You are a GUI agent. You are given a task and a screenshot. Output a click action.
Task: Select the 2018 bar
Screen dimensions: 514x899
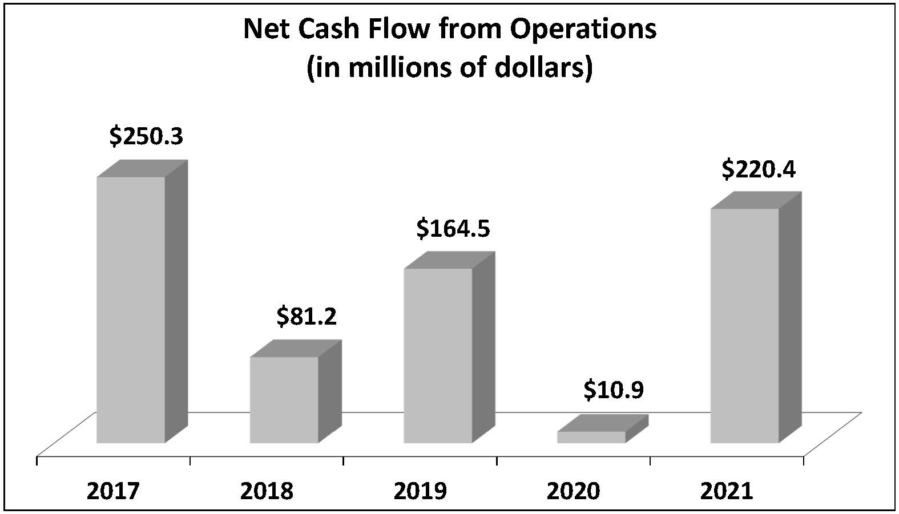point(284,399)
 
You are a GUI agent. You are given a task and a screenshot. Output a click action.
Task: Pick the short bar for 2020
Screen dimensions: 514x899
point(591,437)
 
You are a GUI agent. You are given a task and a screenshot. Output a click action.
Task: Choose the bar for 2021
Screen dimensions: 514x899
point(744,325)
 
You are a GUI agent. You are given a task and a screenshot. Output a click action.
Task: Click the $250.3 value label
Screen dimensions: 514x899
point(146,137)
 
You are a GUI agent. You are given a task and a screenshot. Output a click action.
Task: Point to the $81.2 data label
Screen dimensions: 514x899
point(307,317)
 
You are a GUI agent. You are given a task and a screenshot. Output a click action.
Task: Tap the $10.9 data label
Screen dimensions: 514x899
point(614,391)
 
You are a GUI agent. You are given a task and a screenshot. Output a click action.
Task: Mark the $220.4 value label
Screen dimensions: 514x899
point(759,169)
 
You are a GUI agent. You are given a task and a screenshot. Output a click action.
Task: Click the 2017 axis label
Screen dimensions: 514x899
point(113,491)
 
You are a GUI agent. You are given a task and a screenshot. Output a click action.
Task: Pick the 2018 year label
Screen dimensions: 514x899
point(267,491)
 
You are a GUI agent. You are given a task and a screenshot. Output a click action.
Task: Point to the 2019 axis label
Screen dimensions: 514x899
point(420,491)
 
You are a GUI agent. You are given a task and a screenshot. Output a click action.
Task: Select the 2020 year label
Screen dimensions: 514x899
point(574,491)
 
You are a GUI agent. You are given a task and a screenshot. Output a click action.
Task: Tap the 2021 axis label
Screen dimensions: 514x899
point(727,491)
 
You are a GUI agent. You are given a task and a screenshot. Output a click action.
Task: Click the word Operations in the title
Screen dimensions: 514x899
point(583,30)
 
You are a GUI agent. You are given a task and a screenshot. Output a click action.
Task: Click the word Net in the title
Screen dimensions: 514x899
point(263,30)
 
